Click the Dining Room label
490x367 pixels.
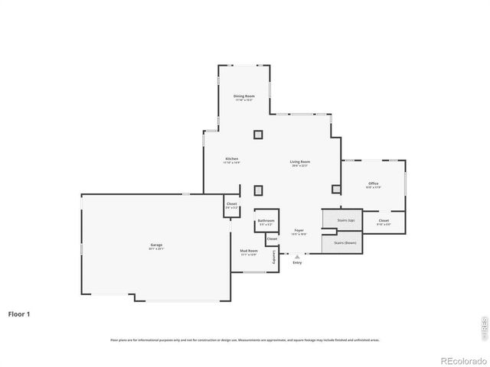pos(243,97)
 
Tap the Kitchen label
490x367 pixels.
pos(231,161)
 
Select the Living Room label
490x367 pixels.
pos(299,163)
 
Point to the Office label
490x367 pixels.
pos(373,184)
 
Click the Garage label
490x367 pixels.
pos(156,246)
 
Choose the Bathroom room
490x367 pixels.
pos(266,222)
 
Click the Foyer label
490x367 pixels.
pos(299,232)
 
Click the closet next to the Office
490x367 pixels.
pos(384,222)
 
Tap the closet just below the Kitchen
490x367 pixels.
pos(231,206)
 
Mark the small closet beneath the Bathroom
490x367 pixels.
pos(272,239)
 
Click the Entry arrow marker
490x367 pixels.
pos(297,257)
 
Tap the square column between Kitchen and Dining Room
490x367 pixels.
pos(258,135)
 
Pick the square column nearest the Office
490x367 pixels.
pos(336,189)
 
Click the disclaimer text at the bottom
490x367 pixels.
pos(245,339)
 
